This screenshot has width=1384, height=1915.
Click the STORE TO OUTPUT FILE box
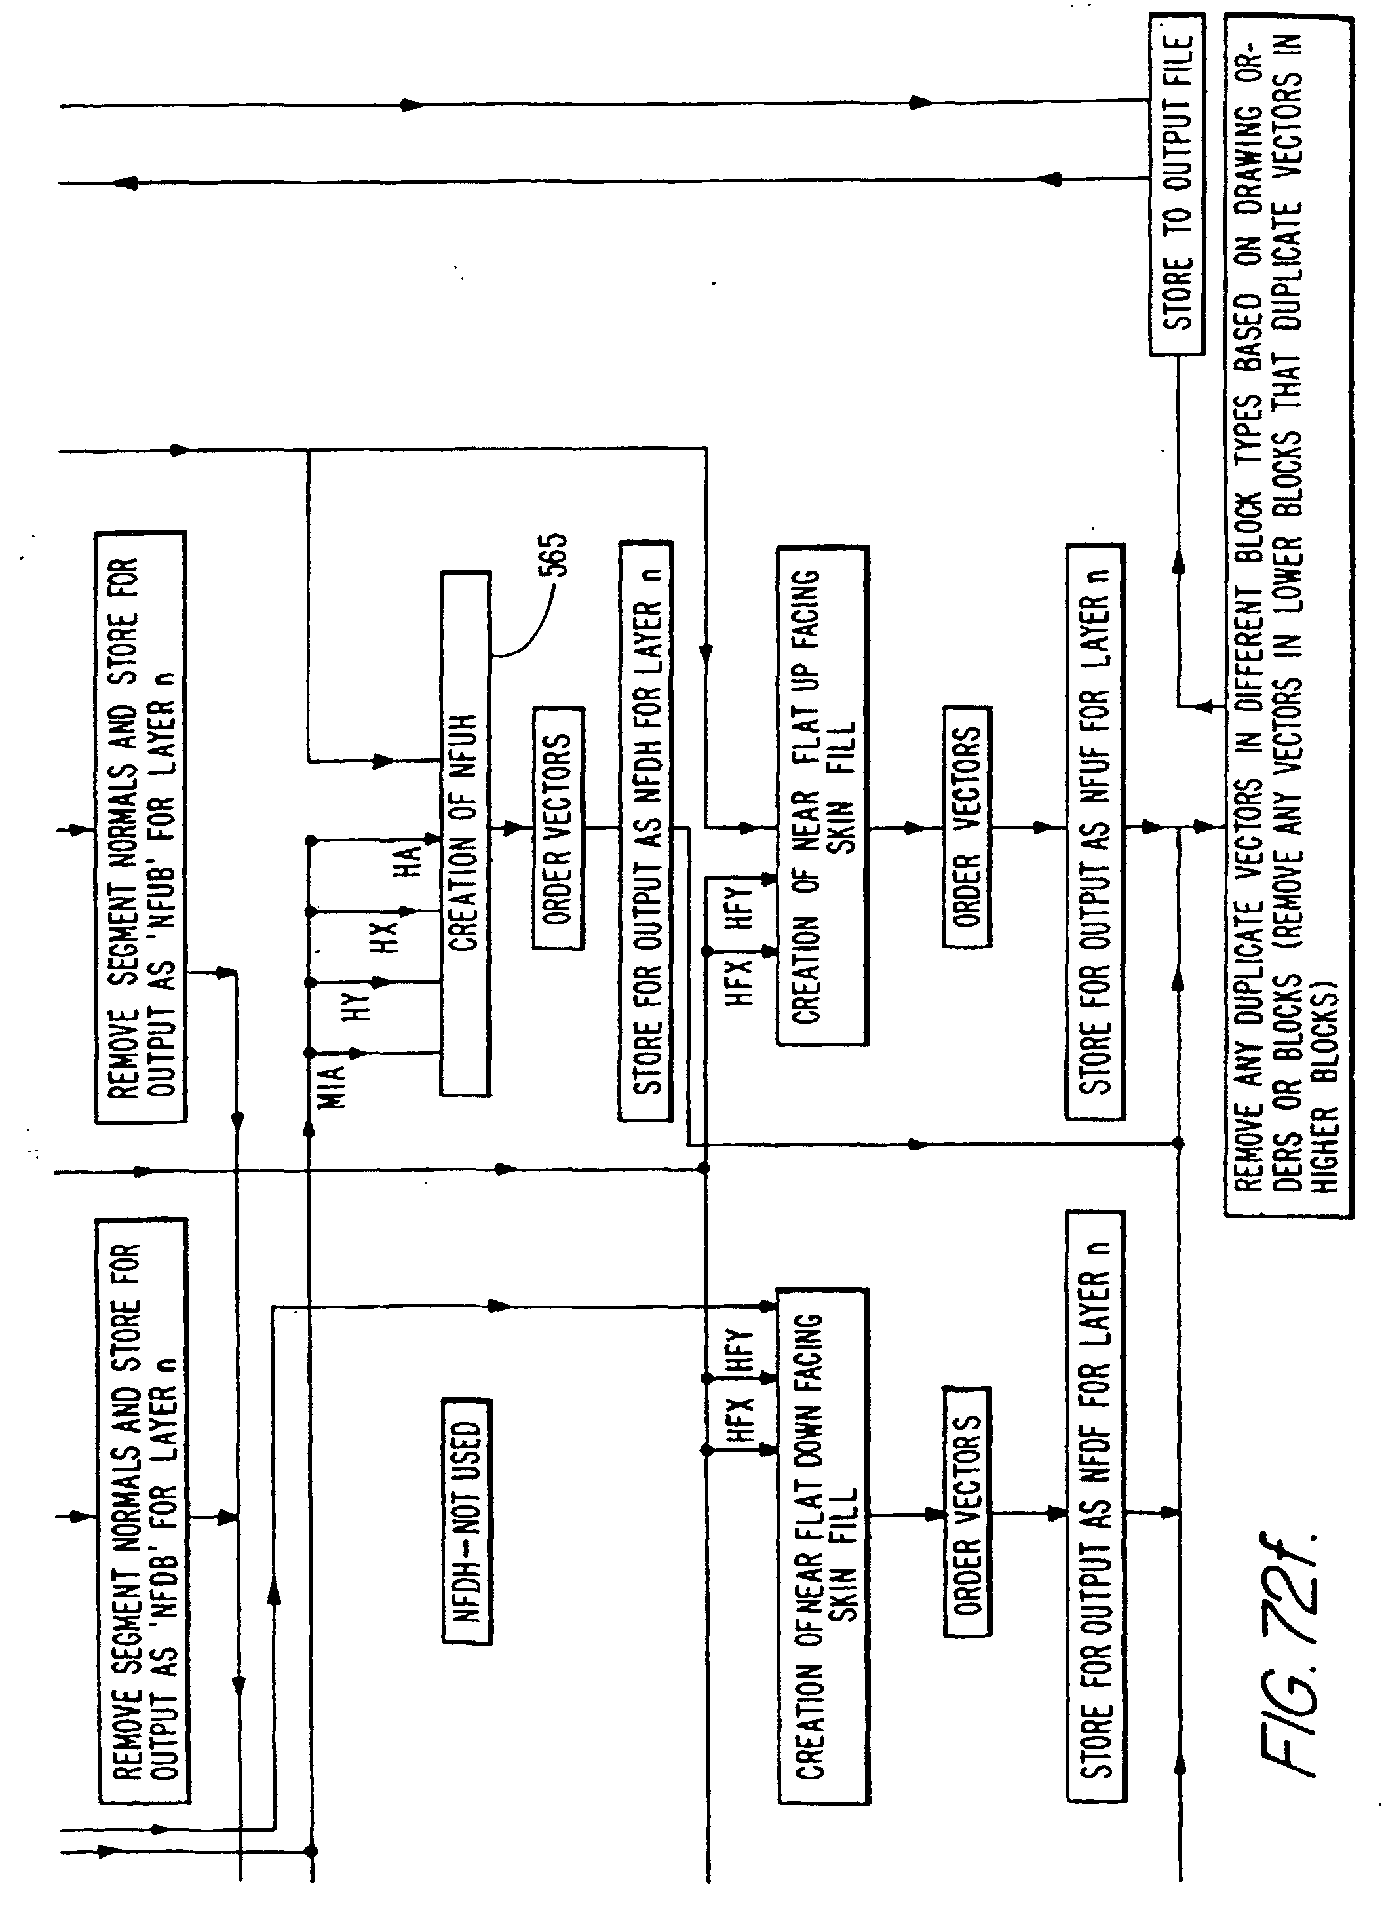[1176, 184]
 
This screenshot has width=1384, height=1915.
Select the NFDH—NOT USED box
[466, 1520]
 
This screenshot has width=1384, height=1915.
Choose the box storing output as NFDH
[646, 831]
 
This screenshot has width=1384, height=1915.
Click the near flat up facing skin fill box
[822, 796]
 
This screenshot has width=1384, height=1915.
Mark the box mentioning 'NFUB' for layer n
[141, 826]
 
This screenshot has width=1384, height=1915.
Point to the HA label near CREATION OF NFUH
[409, 861]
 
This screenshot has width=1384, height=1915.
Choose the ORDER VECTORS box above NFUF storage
[967, 826]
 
